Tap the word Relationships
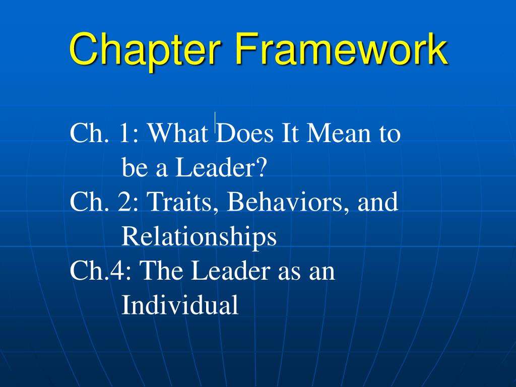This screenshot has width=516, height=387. tap(199, 236)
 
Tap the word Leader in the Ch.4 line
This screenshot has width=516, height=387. tap(230, 271)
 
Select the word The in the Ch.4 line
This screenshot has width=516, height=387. tap(163, 271)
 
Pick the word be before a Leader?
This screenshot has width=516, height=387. tap(135, 168)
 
